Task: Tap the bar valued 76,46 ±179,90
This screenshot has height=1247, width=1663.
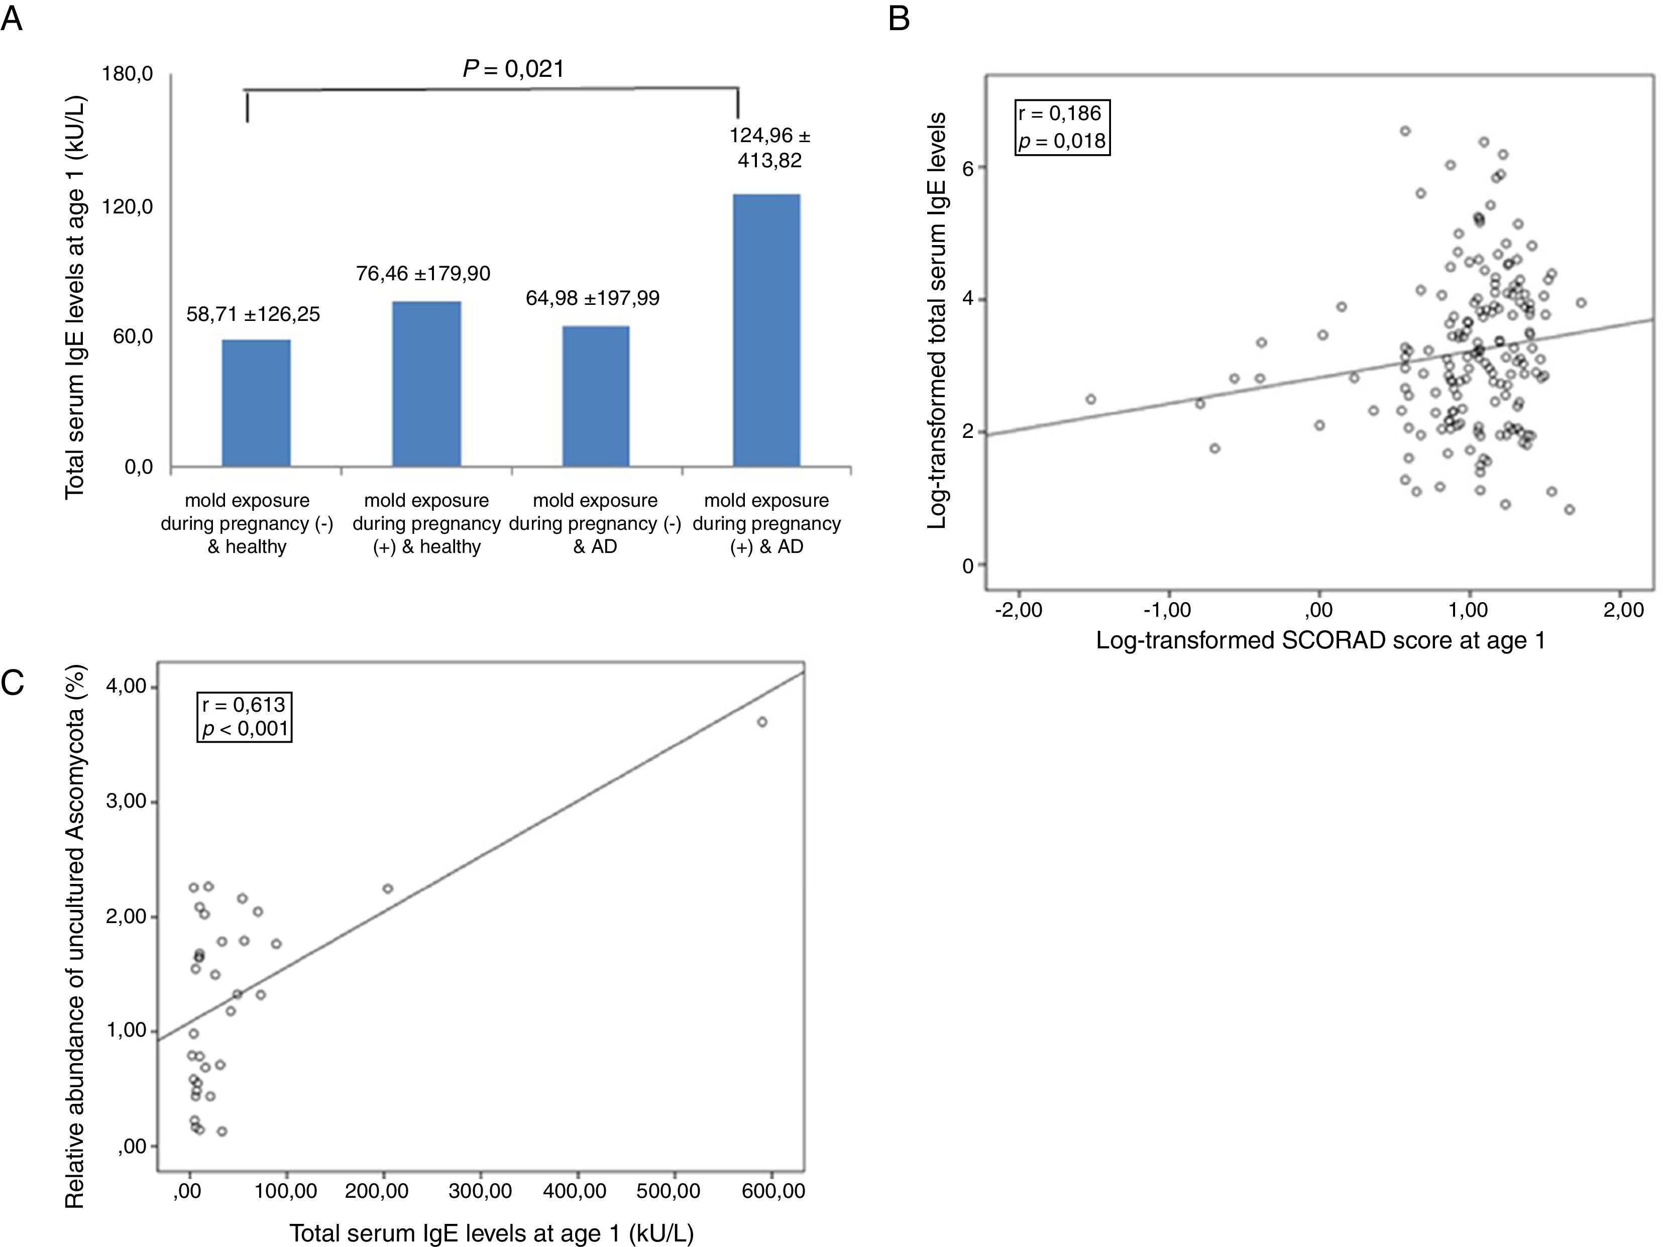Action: coord(426,384)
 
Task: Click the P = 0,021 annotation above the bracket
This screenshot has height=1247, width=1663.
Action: coord(513,69)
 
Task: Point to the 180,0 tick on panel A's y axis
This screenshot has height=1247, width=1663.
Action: coord(128,74)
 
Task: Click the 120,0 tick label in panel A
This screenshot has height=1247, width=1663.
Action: coord(128,206)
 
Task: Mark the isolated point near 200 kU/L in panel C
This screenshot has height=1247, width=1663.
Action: coord(388,888)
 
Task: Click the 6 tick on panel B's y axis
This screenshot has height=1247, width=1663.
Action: coord(968,168)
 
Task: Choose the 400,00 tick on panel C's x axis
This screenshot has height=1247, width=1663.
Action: coord(578,1191)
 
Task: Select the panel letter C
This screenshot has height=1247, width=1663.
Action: coord(13,683)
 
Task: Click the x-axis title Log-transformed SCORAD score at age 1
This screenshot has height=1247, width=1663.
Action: coord(1320,640)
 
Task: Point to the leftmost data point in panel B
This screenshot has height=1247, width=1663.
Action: coord(1091,399)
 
